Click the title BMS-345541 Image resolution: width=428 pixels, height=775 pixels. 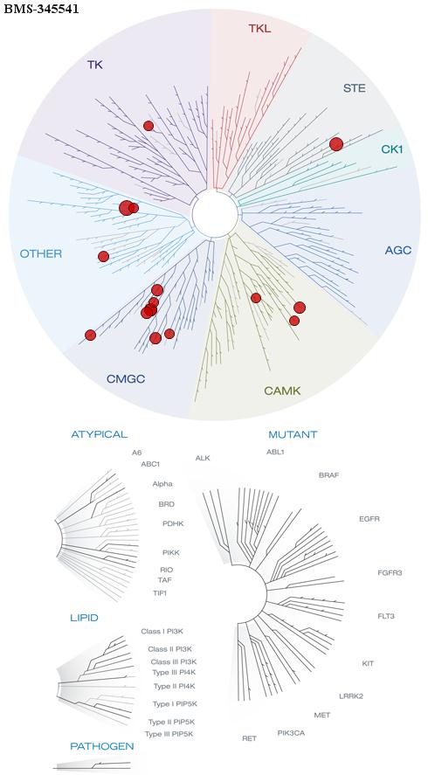click(x=41, y=10)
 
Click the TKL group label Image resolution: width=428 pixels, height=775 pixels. click(x=259, y=29)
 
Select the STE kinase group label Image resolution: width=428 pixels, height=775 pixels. click(x=355, y=88)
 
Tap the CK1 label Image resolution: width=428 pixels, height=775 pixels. click(x=392, y=149)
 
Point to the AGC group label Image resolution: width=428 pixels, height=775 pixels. click(x=397, y=250)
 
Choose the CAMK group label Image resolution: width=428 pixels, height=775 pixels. click(x=282, y=391)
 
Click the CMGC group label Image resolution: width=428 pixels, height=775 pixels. click(x=126, y=379)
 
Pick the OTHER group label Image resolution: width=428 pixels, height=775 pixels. click(x=41, y=254)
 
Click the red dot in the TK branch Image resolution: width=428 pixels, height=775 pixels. click(x=148, y=126)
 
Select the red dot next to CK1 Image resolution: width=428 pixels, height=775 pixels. click(x=336, y=144)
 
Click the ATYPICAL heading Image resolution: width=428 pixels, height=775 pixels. click(x=100, y=434)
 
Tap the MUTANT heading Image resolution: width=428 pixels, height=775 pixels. click(x=293, y=435)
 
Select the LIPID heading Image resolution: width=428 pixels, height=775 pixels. click(x=84, y=618)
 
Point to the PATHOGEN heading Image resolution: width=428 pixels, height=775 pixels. click(x=102, y=746)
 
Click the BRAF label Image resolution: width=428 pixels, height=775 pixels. click(x=329, y=475)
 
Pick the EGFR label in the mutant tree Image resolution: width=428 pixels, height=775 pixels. click(x=369, y=519)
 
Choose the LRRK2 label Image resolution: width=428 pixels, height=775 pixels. click(x=351, y=696)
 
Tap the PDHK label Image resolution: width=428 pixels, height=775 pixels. click(x=173, y=523)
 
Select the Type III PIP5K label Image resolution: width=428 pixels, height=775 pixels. click(x=169, y=734)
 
